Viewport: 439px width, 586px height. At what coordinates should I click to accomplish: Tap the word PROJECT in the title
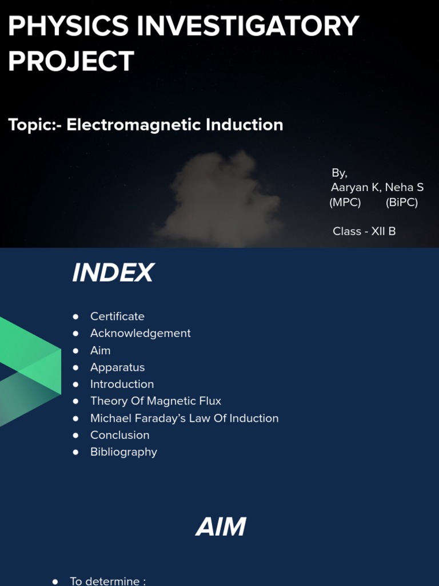pos(71,61)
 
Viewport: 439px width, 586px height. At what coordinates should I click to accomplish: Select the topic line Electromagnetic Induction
pos(174,125)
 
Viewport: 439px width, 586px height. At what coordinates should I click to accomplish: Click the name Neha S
pos(404,187)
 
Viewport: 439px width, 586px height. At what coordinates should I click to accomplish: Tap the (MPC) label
pos(345,203)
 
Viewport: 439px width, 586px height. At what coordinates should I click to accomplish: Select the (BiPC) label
pos(401,203)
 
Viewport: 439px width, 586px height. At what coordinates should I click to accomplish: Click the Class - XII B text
pos(364,231)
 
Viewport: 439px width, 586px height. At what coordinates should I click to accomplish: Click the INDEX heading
pos(113,273)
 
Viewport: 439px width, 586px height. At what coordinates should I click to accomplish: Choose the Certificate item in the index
pos(117,316)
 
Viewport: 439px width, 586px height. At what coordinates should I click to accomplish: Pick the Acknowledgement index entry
pos(140,333)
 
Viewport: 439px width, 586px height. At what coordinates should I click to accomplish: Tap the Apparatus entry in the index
pos(117,367)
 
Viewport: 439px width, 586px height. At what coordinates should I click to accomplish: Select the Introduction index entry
pos(122,384)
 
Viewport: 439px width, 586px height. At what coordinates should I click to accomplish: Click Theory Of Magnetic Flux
pos(155,401)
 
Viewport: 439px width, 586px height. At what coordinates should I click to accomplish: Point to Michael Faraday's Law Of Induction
pos(184,418)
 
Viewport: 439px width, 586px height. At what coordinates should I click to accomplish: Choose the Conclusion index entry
pos(119,435)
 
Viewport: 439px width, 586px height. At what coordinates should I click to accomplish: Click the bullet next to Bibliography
pos(76,452)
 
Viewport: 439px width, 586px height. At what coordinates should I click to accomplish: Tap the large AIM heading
pos(221,527)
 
